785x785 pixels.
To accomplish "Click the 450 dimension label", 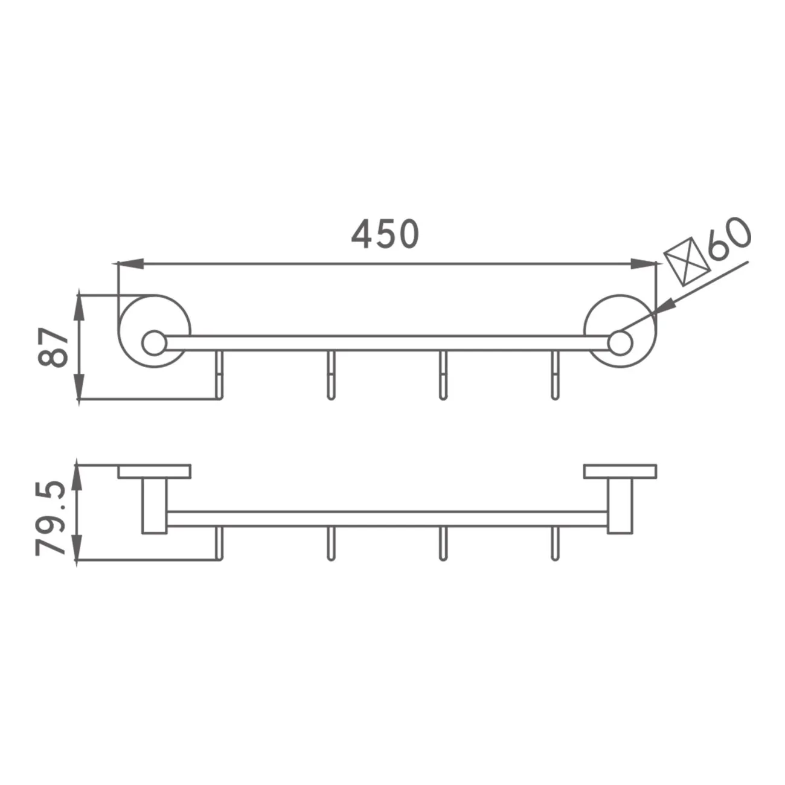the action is [x=385, y=234].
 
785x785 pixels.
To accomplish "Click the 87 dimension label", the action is [x=53, y=347].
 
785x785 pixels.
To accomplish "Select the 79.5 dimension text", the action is [x=51, y=519].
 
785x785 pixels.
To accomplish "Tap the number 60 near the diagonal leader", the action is [x=729, y=240].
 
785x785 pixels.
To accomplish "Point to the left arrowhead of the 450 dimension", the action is [x=130, y=263].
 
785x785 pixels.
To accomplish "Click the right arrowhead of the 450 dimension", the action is [x=643, y=263].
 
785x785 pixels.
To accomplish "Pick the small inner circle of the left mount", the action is [x=155, y=342].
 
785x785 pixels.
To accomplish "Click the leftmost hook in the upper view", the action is [x=220, y=375].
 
